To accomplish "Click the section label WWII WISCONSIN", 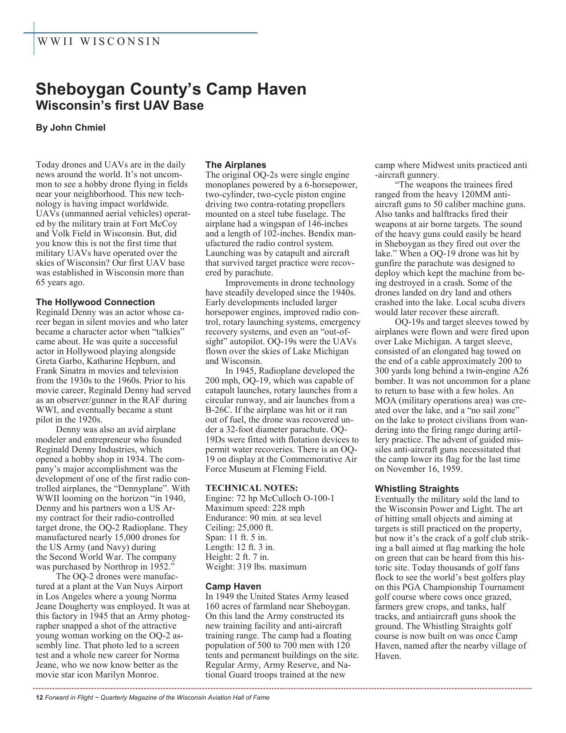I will tap(99, 42).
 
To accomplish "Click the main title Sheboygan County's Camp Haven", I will tap(171, 89).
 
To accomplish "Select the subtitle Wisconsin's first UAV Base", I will tap(119, 106).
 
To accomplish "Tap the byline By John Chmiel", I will tap(71, 128).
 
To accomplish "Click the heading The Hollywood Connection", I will tap(95, 302).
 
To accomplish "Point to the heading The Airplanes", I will tap(236, 165).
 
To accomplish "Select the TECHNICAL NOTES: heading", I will tap(251, 488).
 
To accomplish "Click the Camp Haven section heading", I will tap(233, 586).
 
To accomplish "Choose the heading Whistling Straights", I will tap(417, 489).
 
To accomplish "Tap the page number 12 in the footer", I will tap(39, 697).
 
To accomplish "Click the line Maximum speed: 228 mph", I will tap(255, 508).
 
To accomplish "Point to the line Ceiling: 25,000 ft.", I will tap(239, 528).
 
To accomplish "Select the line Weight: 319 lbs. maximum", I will tap(256, 567).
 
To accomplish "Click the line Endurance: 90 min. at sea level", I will tap(263, 518).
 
